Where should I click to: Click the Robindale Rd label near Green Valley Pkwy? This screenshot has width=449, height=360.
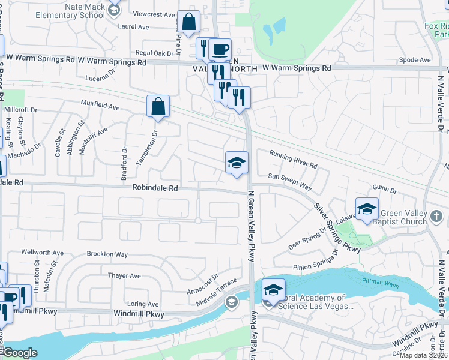[x=155, y=188]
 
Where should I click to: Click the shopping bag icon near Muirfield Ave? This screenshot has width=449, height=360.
[x=158, y=107]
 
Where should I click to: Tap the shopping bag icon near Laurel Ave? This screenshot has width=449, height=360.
[x=188, y=22]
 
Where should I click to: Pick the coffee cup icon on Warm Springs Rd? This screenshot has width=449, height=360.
[x=220, y=49]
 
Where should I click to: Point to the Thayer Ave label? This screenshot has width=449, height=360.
[x=124, y=276]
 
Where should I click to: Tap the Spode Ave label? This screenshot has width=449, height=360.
[x=414, y=60]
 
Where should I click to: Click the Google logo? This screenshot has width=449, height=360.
[x=19, y=353]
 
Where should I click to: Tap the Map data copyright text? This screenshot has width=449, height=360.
[x=423, y=355]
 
